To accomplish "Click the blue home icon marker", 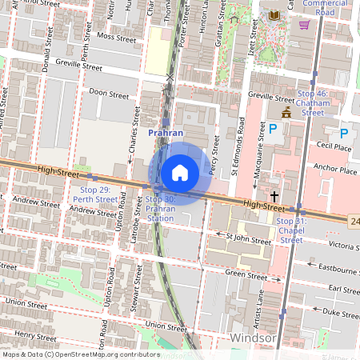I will point(180,173).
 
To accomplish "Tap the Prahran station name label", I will point(166,132).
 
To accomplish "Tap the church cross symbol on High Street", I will point(274,195).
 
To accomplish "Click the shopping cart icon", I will point(304,24).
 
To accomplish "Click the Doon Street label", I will point(109,94).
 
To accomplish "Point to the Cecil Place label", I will point(334,147).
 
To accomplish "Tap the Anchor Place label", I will point(336,170).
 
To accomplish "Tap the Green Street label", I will point(246,274).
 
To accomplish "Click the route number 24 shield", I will point(354,219).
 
